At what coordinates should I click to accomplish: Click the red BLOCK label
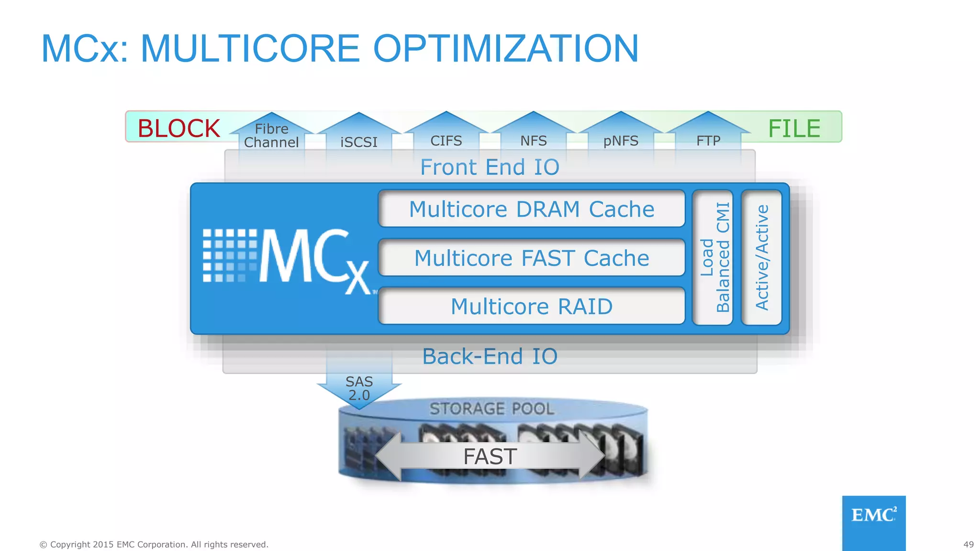coord(178,128)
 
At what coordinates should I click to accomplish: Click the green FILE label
coord(794,128)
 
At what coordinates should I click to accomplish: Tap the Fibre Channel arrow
coord(271,135)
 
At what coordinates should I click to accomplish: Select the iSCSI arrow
coord(359,139)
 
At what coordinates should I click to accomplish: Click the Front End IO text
coord(490,167)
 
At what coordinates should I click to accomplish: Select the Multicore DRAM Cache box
coord(531,209)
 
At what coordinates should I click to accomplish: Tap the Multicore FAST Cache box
coord(531,258)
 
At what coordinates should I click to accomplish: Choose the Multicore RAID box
coord(531,306)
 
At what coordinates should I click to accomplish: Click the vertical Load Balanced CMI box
coord(713,257)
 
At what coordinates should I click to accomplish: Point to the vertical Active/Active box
coord(761,257)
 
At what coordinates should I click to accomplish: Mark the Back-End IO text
coord(490,356)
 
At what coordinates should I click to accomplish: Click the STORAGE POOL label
coord(491,409)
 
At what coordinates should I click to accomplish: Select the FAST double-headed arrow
coord(490,456)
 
